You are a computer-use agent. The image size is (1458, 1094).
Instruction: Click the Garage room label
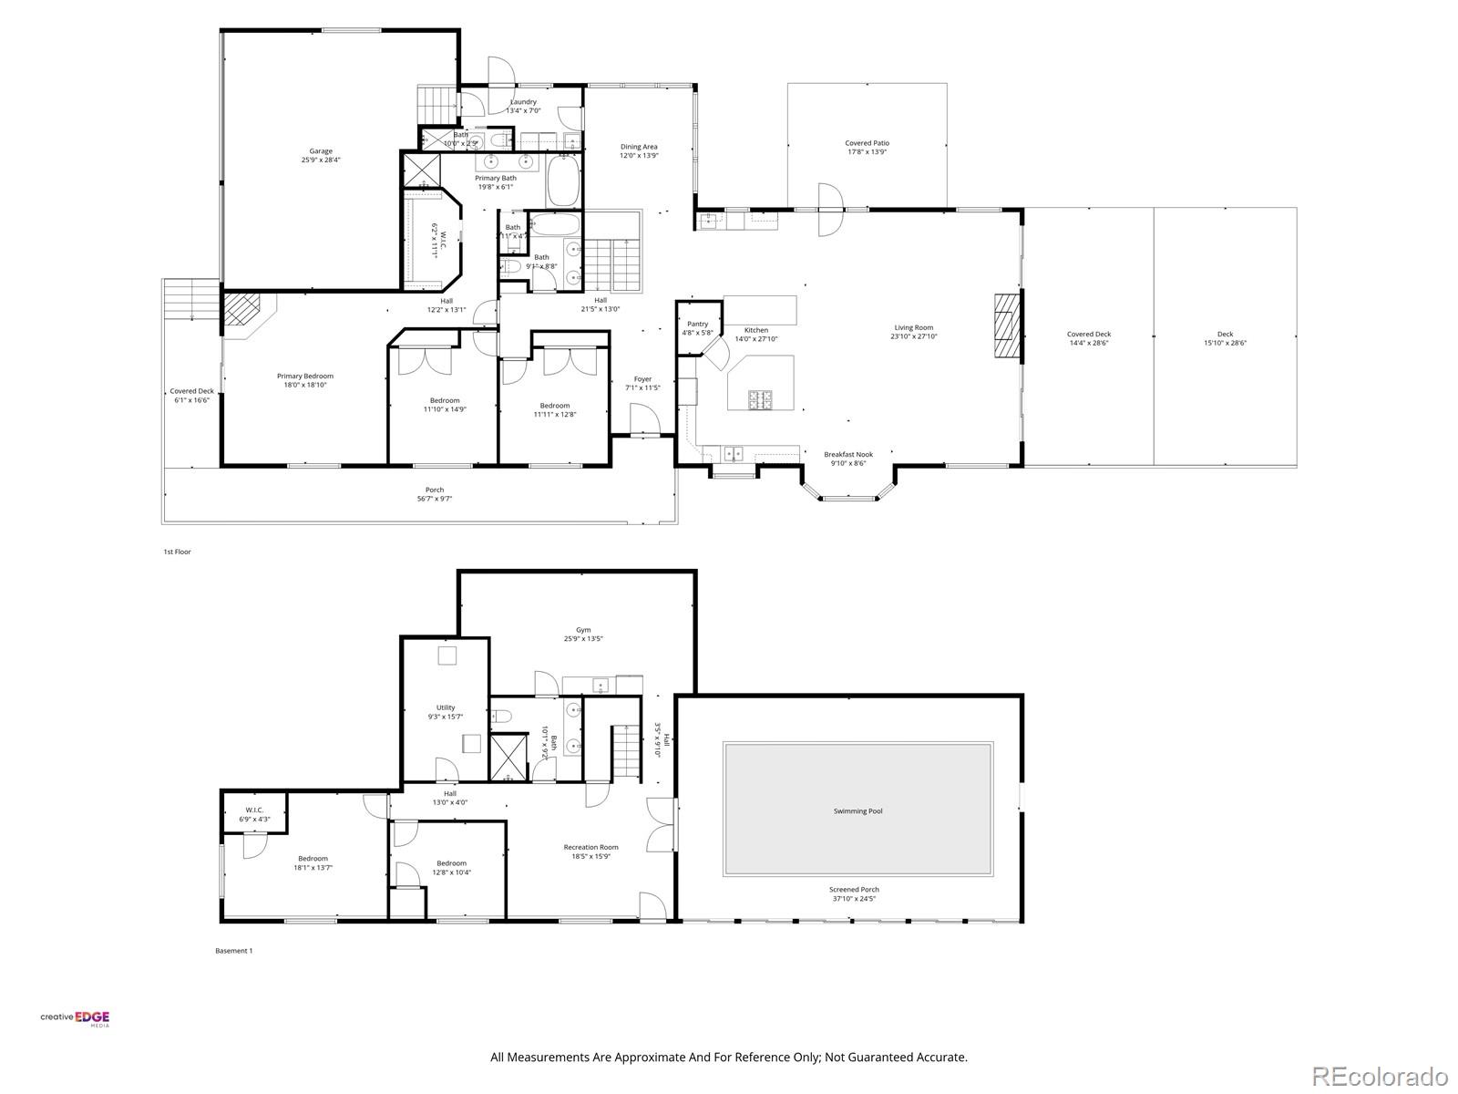click(x=320, y=151)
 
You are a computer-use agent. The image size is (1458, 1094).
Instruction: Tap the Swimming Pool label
click(x=857, y=810)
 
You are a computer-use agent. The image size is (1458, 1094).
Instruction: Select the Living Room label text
click(x=913, y=327)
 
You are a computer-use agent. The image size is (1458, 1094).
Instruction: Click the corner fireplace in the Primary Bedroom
click(x=243, y=309)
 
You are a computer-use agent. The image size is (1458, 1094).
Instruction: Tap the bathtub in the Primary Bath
click(x=562, y=181)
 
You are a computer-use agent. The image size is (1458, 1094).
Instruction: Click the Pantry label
click(x=697, y=324)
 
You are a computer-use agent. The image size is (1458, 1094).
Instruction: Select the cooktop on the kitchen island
click(x=760, y=398)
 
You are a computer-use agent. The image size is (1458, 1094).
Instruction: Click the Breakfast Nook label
click(x=847, y=454)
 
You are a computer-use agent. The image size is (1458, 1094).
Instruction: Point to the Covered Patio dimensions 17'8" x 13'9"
click(x=867, y=152)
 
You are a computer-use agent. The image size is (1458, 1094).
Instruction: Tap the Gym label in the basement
click(x=583, y=630)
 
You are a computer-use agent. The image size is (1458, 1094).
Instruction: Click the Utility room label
click(x=445, y=707)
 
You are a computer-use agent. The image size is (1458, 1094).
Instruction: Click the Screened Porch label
click(x=854, y=889)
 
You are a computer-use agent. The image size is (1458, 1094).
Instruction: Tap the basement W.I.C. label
click(x=254, y=810)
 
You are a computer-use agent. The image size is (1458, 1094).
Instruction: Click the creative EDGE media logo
click(x=75, y=1019)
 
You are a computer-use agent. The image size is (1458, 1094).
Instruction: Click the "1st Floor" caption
click(x=177, y=552)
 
